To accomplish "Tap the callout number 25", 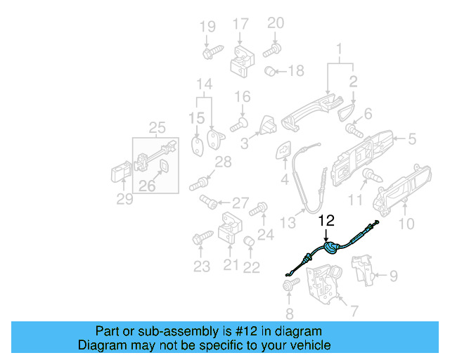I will (157, 127).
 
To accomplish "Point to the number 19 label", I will (207, 27).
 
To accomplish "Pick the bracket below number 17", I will (241, 63).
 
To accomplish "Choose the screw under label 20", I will (272, 50).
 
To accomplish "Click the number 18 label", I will (295, 71).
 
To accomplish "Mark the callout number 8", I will (290, 314).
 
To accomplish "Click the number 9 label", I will (393, 276).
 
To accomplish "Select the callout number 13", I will (287, 223).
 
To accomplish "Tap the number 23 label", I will (202, 266).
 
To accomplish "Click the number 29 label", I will (124, 200).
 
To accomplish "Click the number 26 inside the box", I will (146, 186).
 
